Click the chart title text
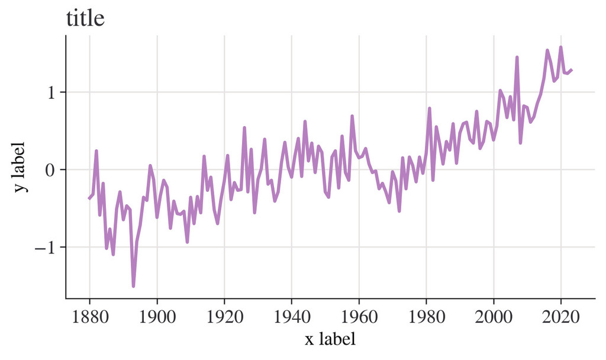(85, 19)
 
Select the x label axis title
(330, 339)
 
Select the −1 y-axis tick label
(47, 247)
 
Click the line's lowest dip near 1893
(134, 287)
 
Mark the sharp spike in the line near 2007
(517, 57)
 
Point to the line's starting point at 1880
(89, 198)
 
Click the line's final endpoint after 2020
(572, 70)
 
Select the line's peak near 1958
(352, 116)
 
